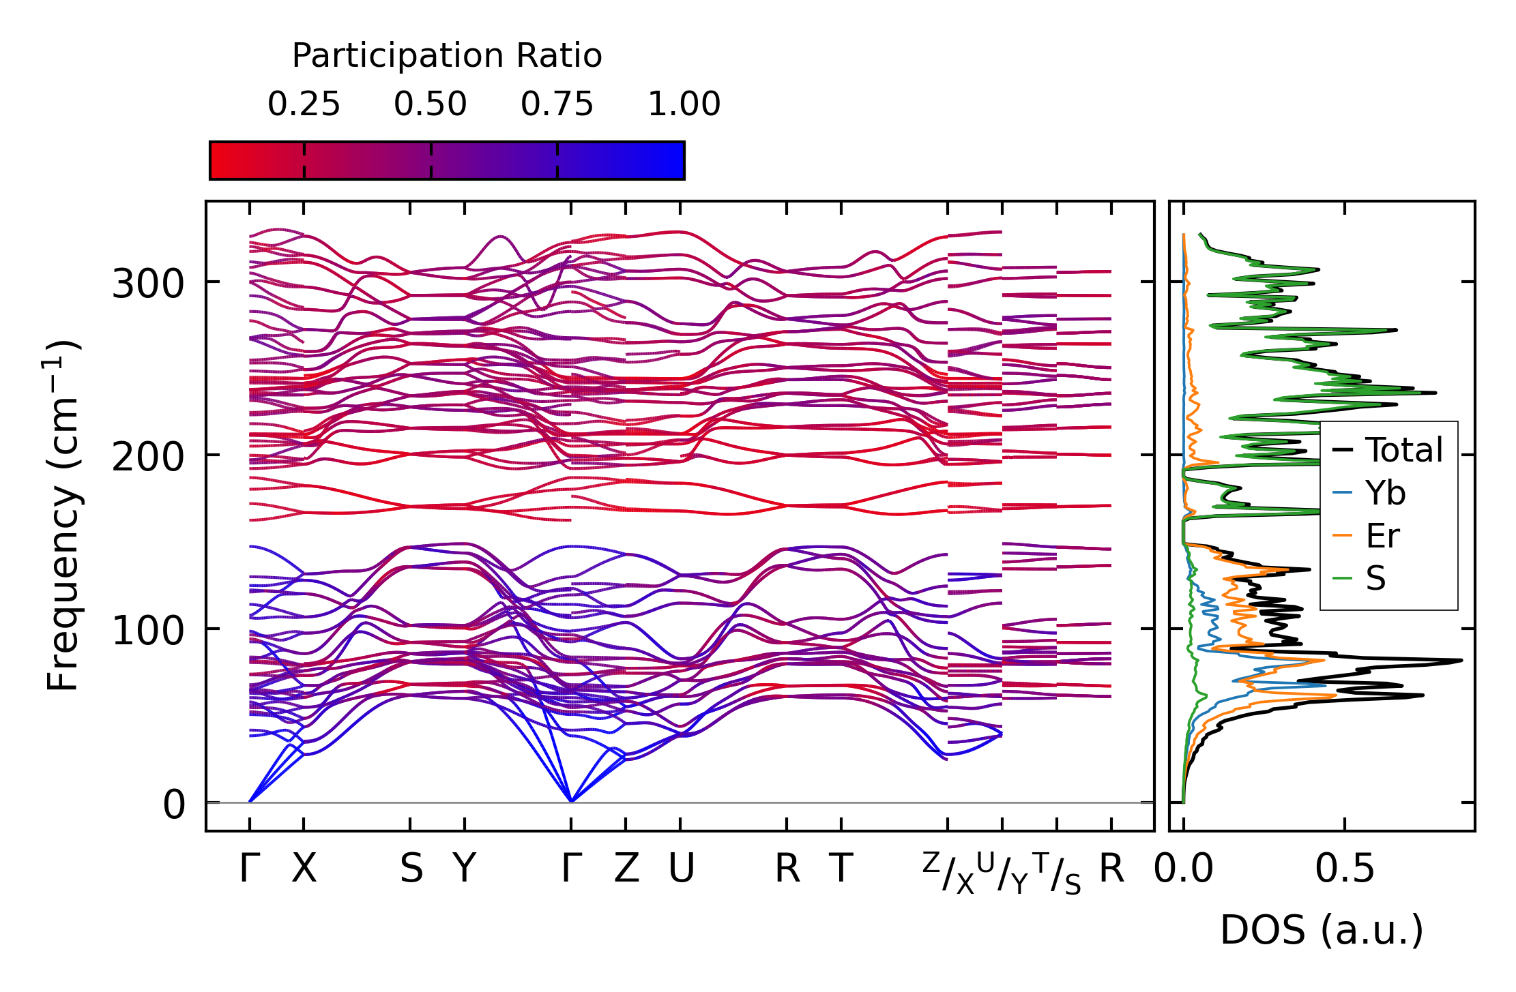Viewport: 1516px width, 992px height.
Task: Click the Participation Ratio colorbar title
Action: pos(447,56)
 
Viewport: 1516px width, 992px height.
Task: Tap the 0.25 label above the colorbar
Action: pos(304,104)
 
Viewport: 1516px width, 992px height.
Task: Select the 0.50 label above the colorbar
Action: pos(431,104)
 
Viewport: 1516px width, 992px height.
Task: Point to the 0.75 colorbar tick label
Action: pos(557,104)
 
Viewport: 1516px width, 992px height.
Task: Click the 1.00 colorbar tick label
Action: pos(684,104)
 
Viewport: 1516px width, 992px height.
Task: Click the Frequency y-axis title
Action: pos(63,516)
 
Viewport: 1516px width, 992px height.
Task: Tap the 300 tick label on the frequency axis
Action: pos(148,284)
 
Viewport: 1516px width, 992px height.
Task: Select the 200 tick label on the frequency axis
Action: pos(148,457)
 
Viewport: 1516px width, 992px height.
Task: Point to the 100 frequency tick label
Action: pos(148,631)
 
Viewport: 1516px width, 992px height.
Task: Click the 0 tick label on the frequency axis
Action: pos(174,805)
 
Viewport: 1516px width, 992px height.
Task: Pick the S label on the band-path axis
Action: pos(411,869)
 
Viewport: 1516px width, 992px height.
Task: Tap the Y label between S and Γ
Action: pos(465,869)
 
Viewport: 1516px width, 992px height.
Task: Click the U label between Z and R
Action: pos(681,869)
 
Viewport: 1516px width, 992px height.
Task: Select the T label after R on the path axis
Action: pos(842,869)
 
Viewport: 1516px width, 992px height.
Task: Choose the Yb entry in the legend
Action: pos(1385,493)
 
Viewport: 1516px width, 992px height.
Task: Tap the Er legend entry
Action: pos(1383,536)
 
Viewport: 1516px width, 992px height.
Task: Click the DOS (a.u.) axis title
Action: pos(1322,931)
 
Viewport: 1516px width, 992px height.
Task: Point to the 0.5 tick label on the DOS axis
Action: pos(1345,869)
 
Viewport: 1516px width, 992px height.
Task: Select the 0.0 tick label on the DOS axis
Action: pos(1184,869)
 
